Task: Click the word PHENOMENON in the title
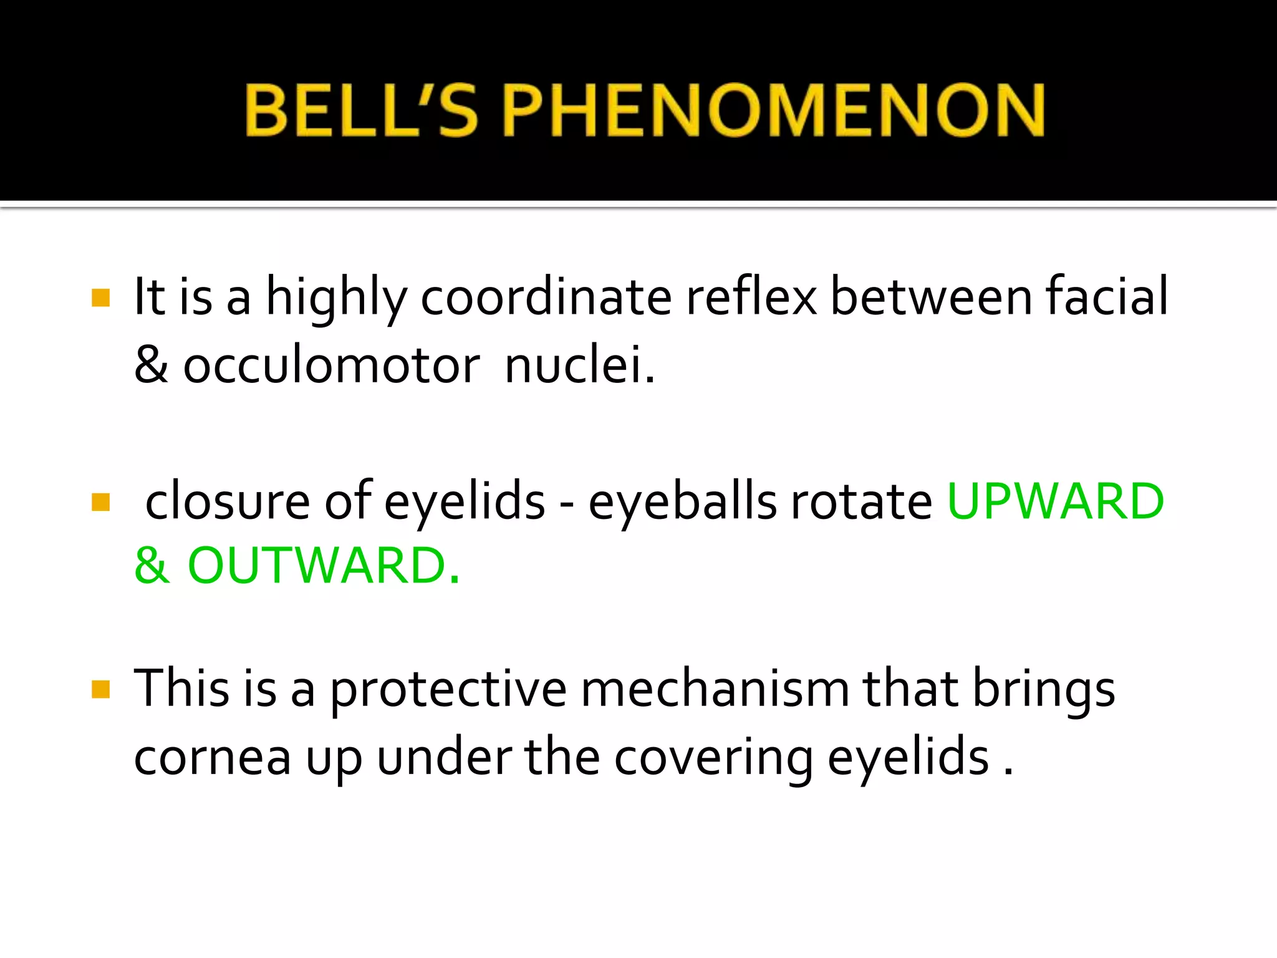[x=773, y=110]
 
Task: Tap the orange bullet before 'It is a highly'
[x=100, y=298]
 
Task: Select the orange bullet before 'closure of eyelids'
[x=100, y=501]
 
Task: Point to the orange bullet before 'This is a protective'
[x=100, y=689]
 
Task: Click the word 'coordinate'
[x=546, y=298]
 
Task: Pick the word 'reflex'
[x=751, y=298]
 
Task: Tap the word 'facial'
[x=1106, y=298]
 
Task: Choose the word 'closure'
[x=228, y=501]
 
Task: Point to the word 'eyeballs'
[x=682, y=501]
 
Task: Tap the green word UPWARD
[x=1055, y=501]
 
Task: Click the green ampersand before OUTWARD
[x=152, y=566]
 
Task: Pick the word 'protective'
[x=448, y=690]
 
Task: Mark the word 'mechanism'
[x=715, y=689]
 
